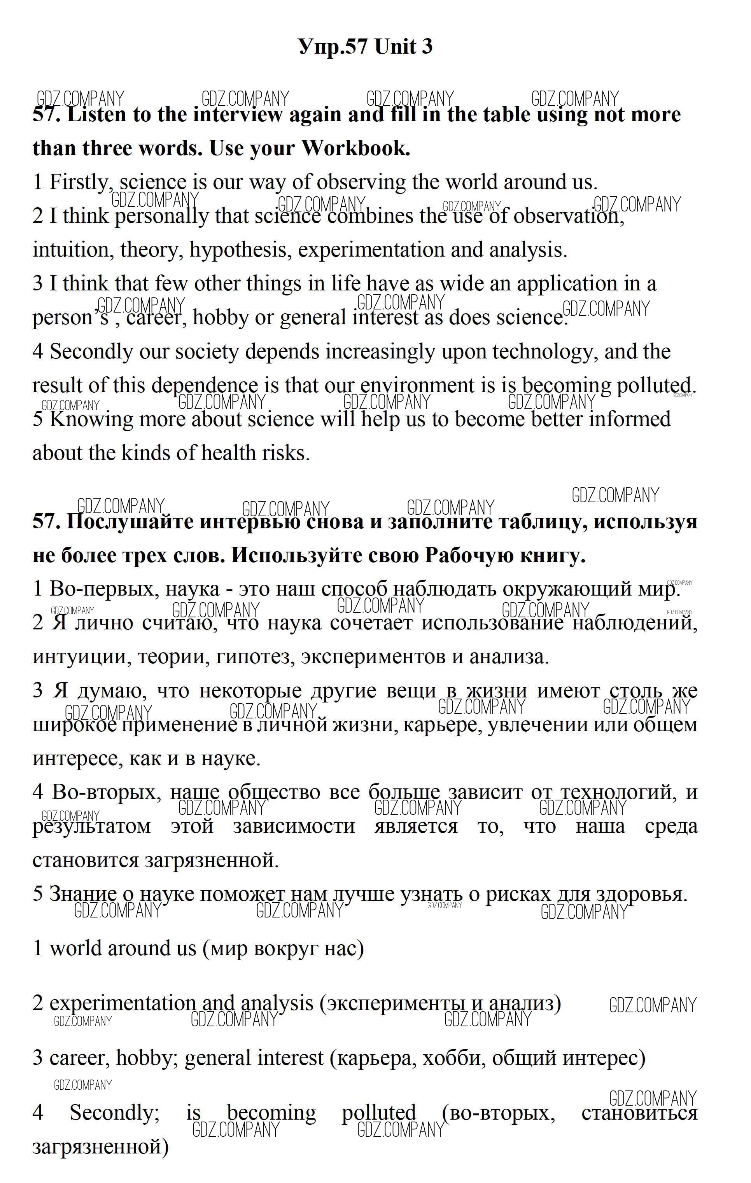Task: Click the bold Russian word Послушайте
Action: coord(130,521)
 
